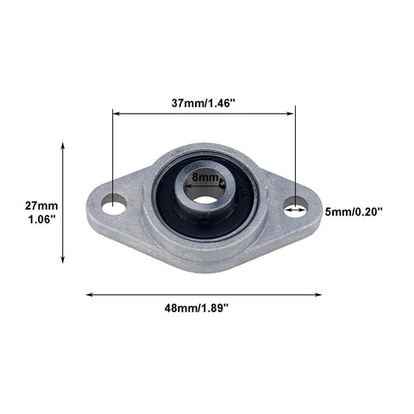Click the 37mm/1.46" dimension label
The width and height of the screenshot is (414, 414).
click(204, 101)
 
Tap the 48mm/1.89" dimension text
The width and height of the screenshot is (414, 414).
click(204, 308)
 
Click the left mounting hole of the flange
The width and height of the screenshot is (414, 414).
click(113, 204)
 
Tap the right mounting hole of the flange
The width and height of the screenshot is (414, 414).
click(296, 205)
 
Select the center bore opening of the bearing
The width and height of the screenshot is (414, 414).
click(205, 198)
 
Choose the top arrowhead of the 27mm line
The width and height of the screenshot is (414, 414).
click(63, 147)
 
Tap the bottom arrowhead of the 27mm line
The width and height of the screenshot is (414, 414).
click(63, 260)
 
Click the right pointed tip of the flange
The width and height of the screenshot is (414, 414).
click(320, 212)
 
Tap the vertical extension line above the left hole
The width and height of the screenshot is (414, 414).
click(112, 155)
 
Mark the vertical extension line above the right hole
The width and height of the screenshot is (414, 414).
click(296, 155)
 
